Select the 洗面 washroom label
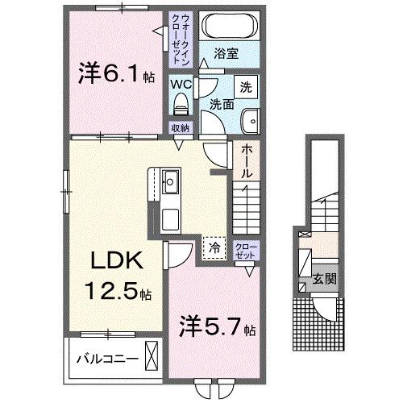(223, 104)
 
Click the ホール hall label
(246, 160)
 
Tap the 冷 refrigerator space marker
(214, 247)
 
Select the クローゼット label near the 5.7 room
(243, 250)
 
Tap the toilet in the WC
(180, 102)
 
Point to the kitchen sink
(171, 181)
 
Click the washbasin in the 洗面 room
(251, 119)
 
